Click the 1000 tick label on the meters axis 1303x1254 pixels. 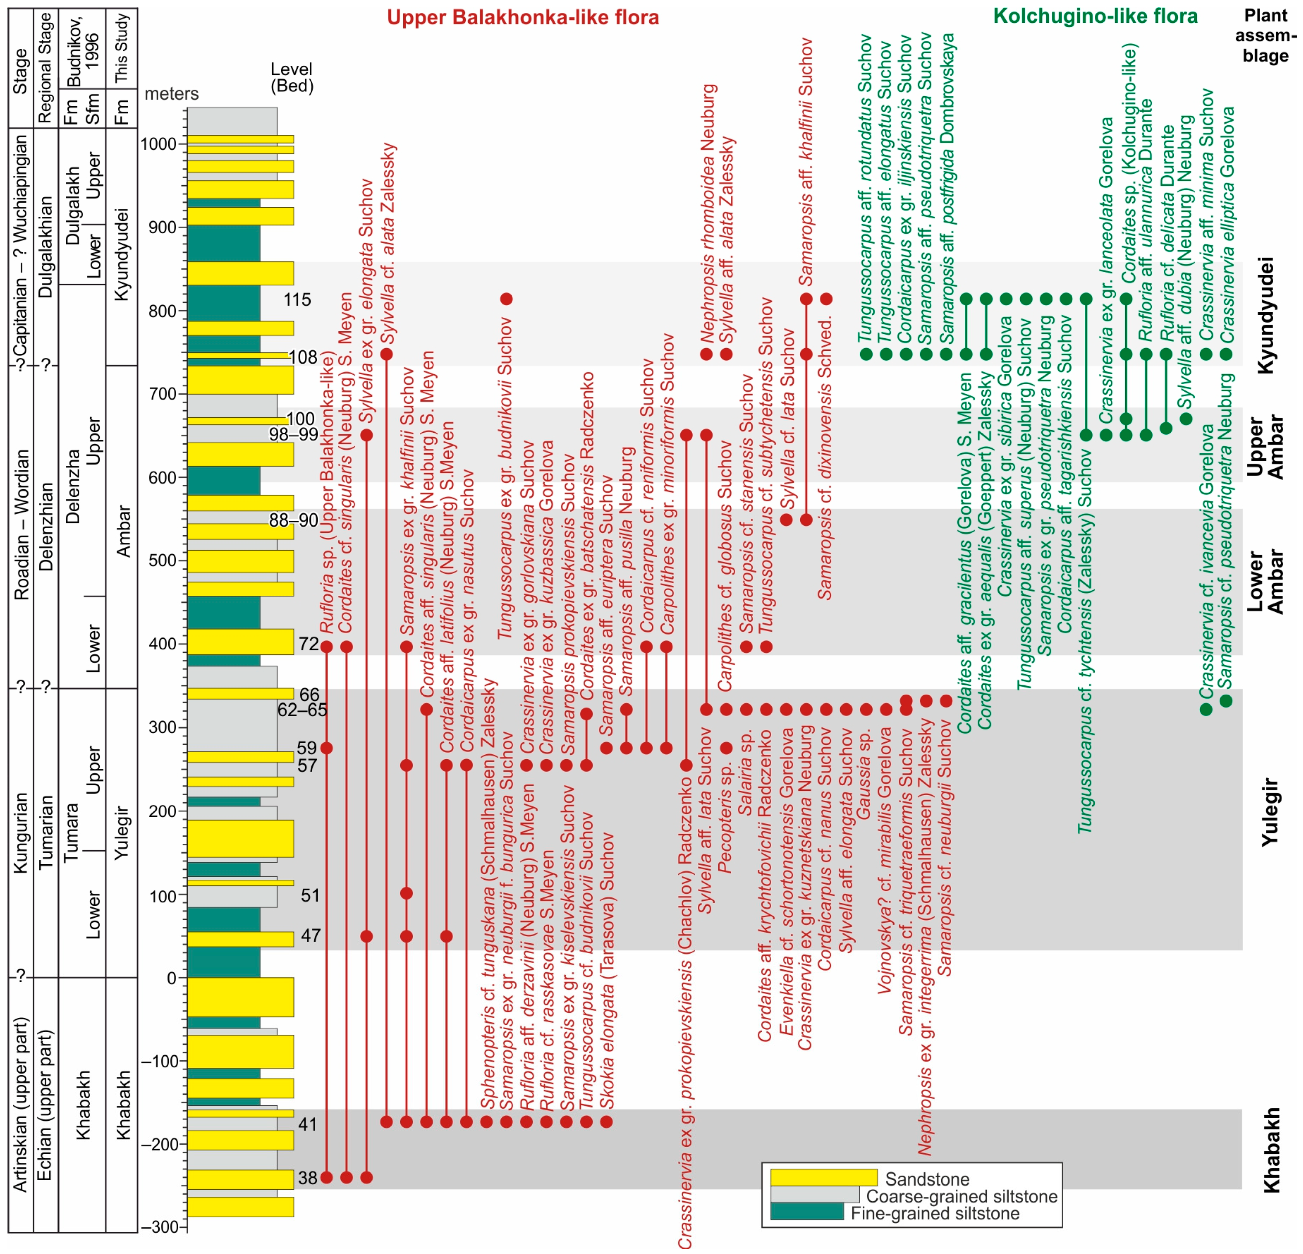pyautogui.click(x=158, y=144)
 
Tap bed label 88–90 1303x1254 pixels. pyautogui.click(x=293, y=520)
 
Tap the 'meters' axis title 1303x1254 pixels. pyautogui.click(x=172, y=94)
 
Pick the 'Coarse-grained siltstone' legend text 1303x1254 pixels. pyautogui.click(x=961, y=1196)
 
